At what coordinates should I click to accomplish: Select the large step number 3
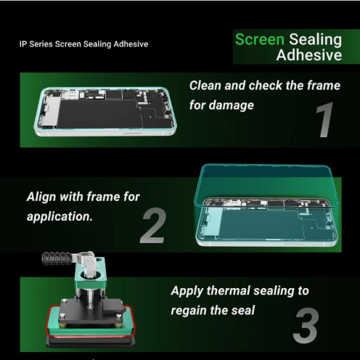tap(305, 327)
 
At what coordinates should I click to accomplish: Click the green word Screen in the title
tap(259, 39)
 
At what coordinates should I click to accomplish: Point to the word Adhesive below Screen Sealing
tap(309, 55)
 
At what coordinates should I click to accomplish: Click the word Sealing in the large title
tap(315, 39)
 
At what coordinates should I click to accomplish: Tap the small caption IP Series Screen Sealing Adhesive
tap(83, 44)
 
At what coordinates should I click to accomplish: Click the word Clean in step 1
tap(205, 86)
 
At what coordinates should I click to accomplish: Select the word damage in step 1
tap(232, 105)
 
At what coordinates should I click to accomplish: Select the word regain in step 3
tap(192, 311)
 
